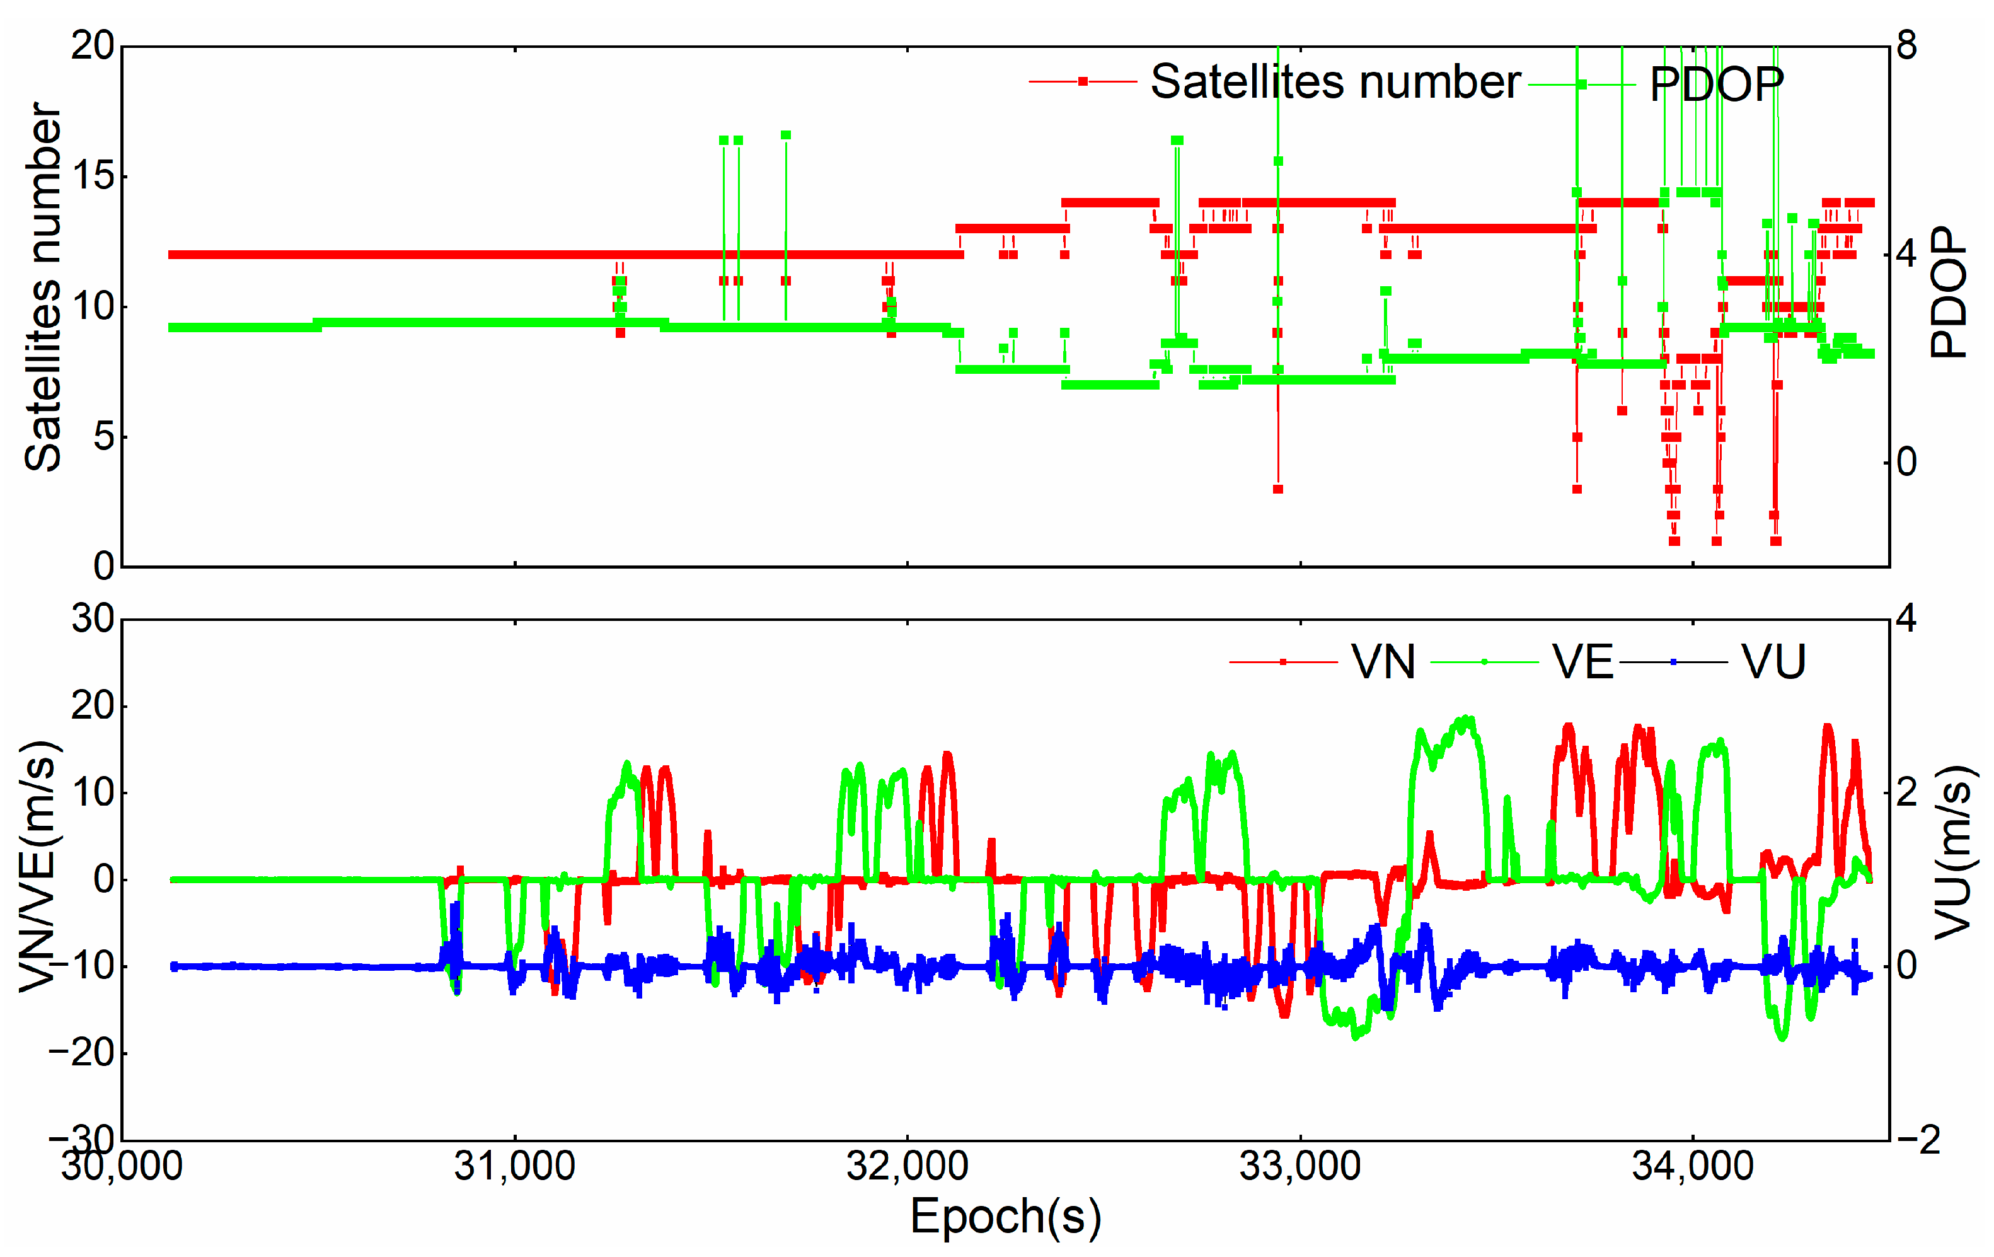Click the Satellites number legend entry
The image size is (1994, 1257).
point(1335,82)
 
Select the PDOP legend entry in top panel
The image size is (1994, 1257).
point(1716,84)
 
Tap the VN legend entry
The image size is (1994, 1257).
point(1382,662)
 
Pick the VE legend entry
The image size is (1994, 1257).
point(1582,662)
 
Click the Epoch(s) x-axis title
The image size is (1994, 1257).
point(1005,1215)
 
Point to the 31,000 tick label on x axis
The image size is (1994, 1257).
point(514,1166)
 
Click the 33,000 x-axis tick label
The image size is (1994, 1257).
point(1300,1166)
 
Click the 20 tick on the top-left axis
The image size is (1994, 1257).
point(92,45)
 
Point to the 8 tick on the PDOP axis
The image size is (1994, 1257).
point(1907,45)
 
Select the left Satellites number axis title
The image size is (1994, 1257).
point(43,287)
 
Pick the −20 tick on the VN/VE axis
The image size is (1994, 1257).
point(81,1053)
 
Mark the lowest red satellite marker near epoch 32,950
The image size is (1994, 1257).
point(1277,489)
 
